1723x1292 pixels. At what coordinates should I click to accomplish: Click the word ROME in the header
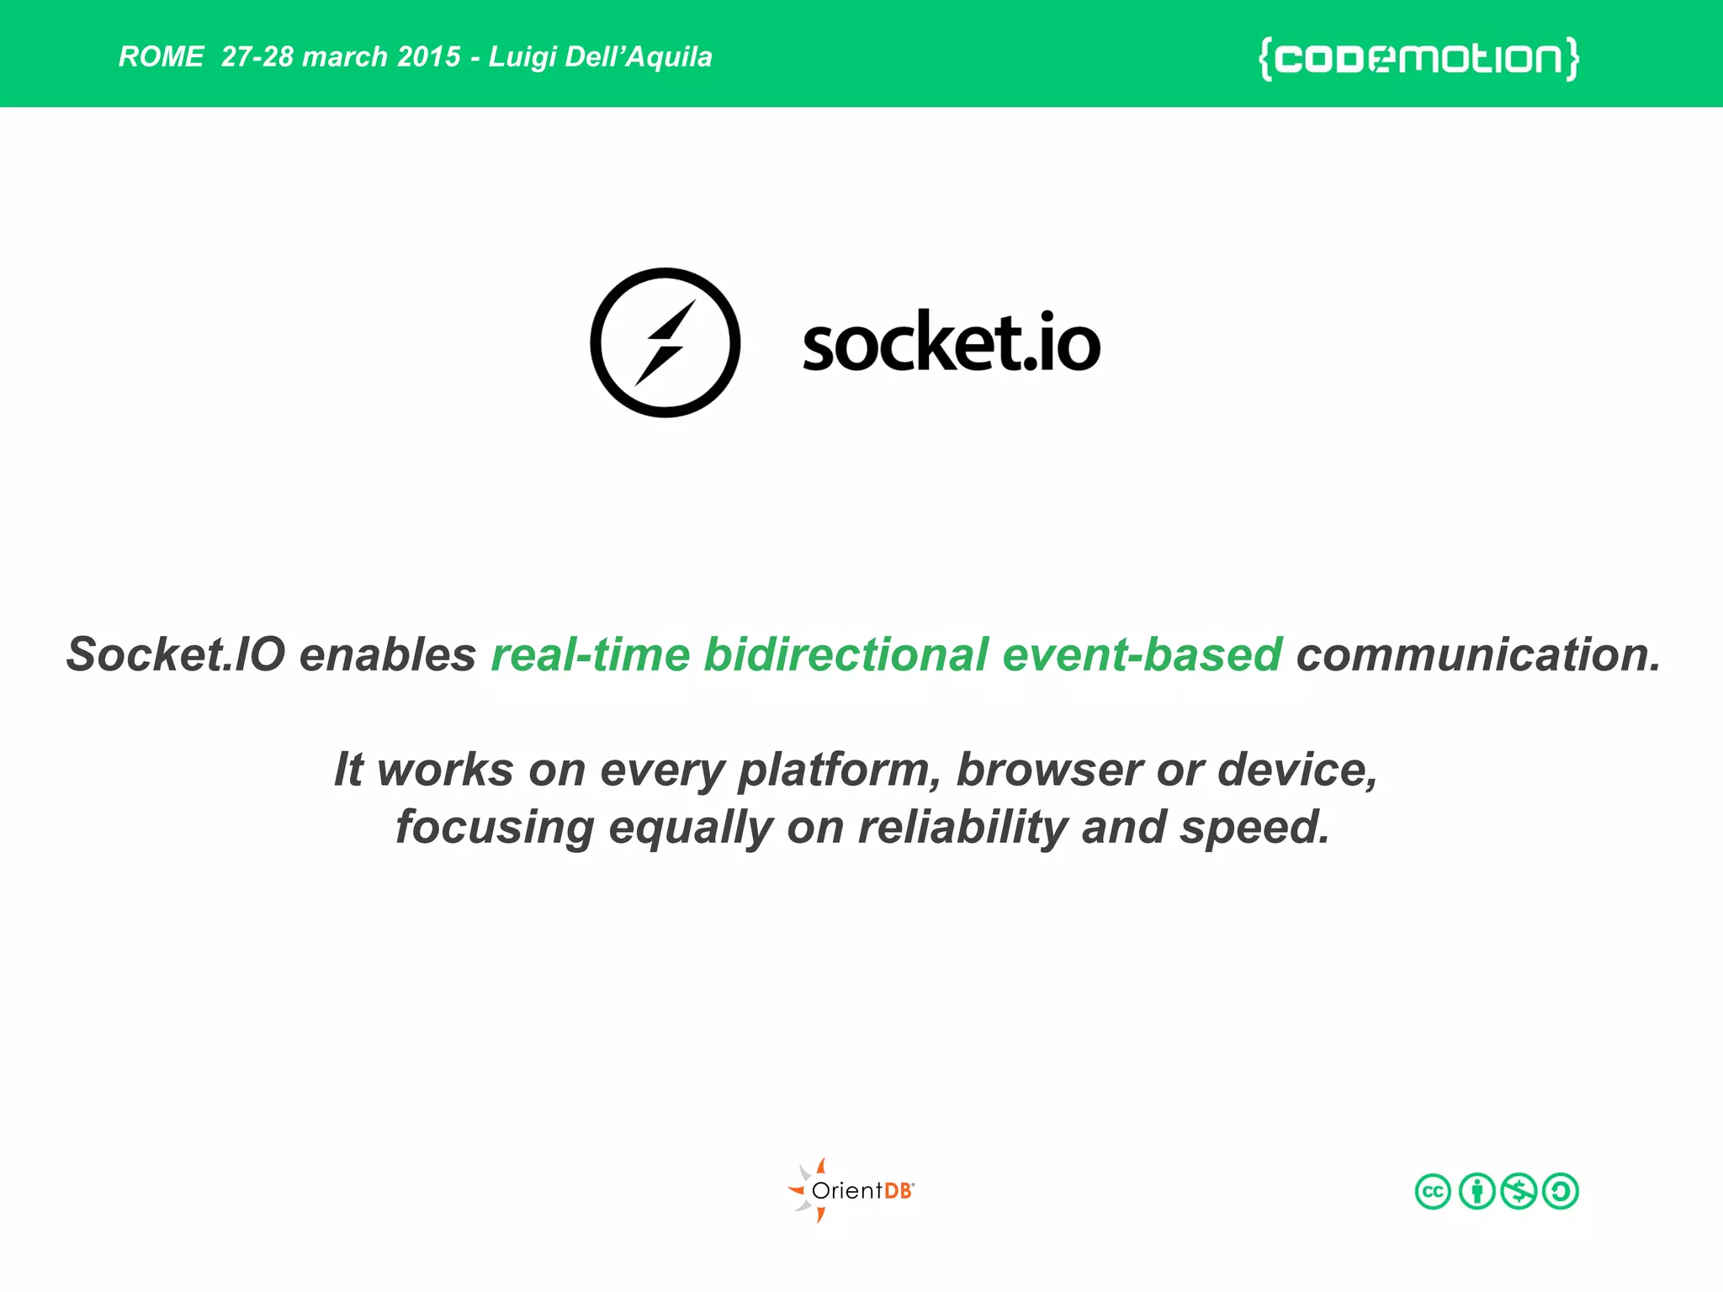click(161, 57)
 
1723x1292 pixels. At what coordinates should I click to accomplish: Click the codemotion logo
click(1418, 59)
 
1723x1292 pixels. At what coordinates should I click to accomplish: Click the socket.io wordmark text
click(951, 343)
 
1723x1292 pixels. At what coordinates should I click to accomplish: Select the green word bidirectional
click(846, 654)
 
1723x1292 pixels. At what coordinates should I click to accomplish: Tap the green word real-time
click(591, 654)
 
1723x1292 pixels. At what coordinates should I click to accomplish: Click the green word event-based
click(1142, 654)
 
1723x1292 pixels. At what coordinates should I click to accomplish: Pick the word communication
click(1478, 654)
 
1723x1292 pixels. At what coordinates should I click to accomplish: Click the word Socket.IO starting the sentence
click(176, 654)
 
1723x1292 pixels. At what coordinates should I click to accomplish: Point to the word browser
click(1049, 770)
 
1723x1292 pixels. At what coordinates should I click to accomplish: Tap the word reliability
click(962, 827)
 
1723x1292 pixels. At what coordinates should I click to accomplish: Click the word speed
click(1254, 827)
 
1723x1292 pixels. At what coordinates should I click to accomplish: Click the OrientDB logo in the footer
click(851, 1190)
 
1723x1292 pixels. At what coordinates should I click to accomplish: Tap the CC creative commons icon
click(1433, 1191)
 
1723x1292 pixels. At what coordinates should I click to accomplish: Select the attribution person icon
click(1476, 1191)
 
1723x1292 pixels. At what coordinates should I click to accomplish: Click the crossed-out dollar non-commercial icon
click(1519, 1191)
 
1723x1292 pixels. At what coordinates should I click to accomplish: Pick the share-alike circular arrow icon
click(1561, 1191)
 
